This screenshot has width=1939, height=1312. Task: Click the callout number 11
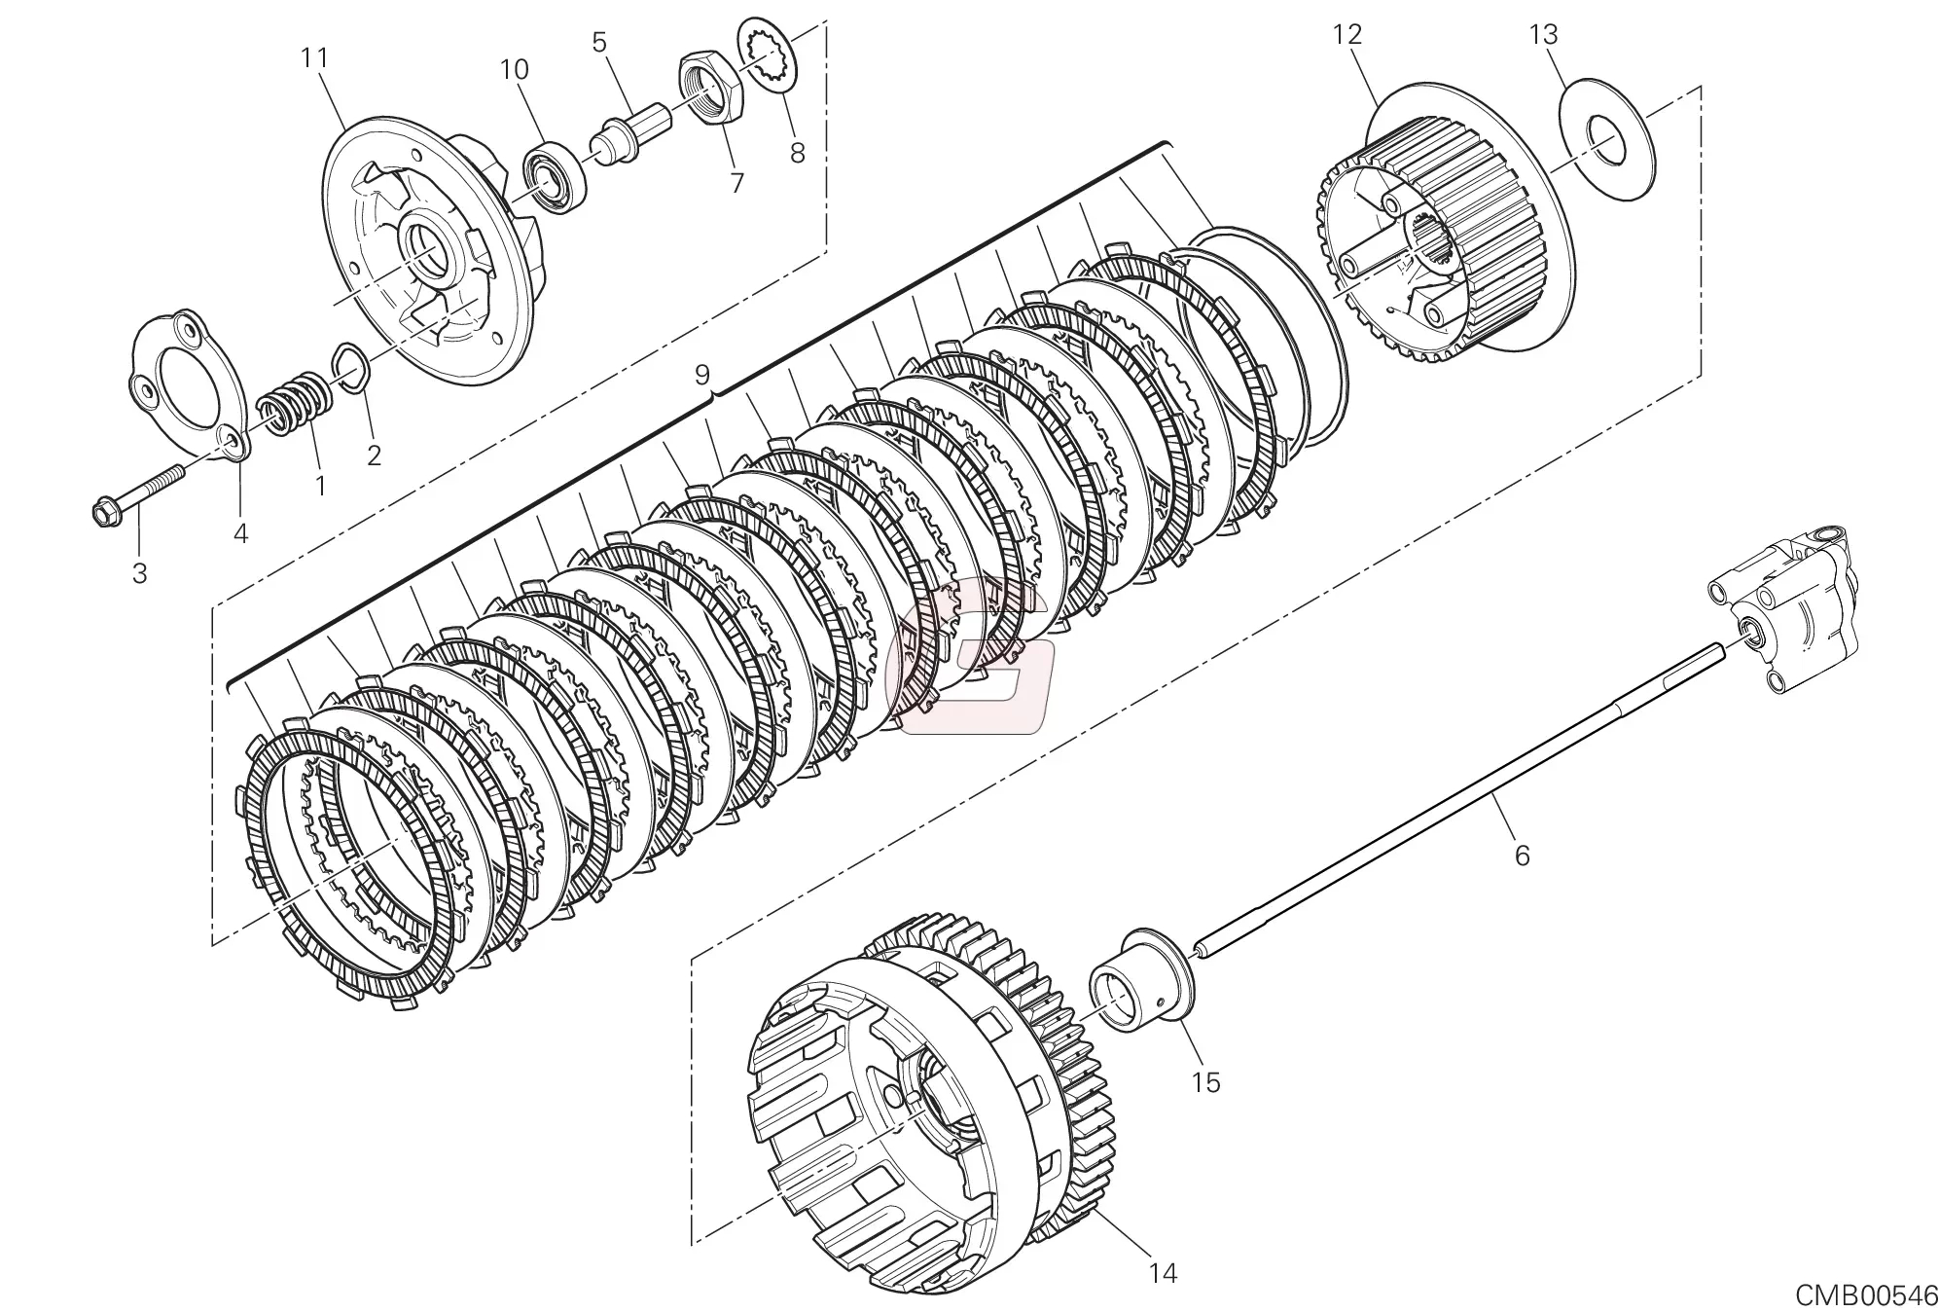pos(314,58)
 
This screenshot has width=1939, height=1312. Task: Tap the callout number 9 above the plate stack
pos(702,375)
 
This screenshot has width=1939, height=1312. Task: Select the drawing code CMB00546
pos(1866,1295)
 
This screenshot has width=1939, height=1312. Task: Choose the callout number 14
pos(1163,1272)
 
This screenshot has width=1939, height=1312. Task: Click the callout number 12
pos(1347,35)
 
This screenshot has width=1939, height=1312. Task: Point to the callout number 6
pos(1523,855)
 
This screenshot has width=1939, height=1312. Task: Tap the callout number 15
pos(1205,1081)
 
